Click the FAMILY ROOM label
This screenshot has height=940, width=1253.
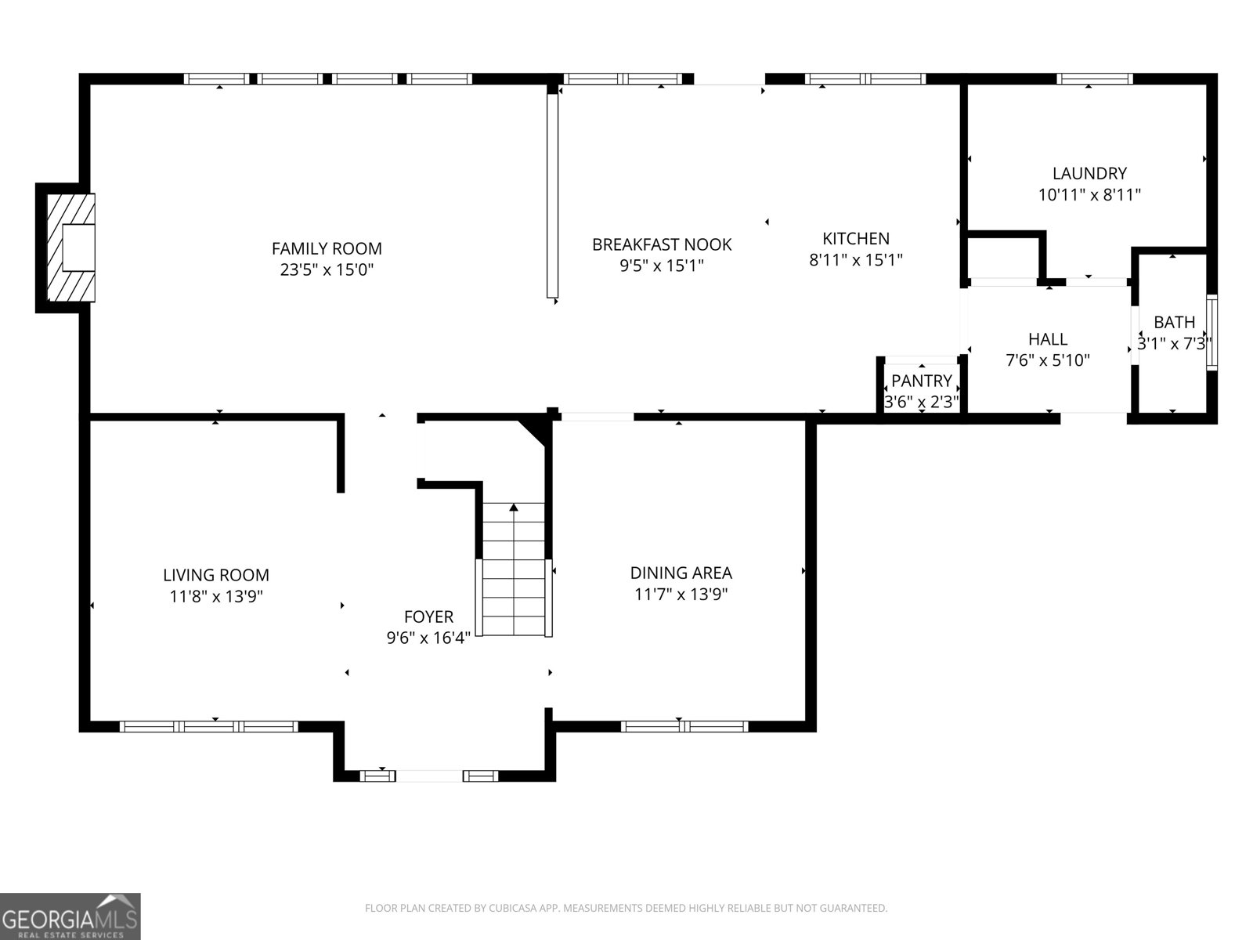pyautogui.click(x=327, y=248)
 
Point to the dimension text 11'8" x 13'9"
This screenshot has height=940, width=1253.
pyautogui.click(x=216, y=596)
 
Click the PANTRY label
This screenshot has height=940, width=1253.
pyautogui.click(x=922, y=381)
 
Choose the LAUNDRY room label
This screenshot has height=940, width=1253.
pyautogui.click(x=1089, y=173)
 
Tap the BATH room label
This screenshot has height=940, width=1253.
pyautogui.click(x=1174, y=322)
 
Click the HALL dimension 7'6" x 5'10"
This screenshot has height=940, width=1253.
pyautogui.click(x=1048, y=360)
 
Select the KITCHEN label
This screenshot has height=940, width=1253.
pyautogui.click(x=855, y=238)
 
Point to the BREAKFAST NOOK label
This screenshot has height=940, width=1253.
pyautogui.click(x=662, y=244)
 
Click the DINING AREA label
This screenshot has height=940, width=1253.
pyautogui.click(x=681, y=573)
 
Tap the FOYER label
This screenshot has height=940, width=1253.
pyautogui.click(x=428, y=616)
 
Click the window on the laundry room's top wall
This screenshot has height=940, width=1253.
pyautogui.click(x=1094, y=78)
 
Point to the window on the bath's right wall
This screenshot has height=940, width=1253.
pyautogui.click(x=1211, y=331)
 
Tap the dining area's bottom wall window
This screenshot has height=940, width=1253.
pyautogui.click(x=684, y=726)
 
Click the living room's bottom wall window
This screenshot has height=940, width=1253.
pyautogui.click(x=208, y=726)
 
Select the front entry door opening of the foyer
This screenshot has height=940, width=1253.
pyautogui.click(x=429, y=776)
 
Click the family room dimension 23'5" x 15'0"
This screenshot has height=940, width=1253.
pyautogui.click(x=327, y=269)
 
